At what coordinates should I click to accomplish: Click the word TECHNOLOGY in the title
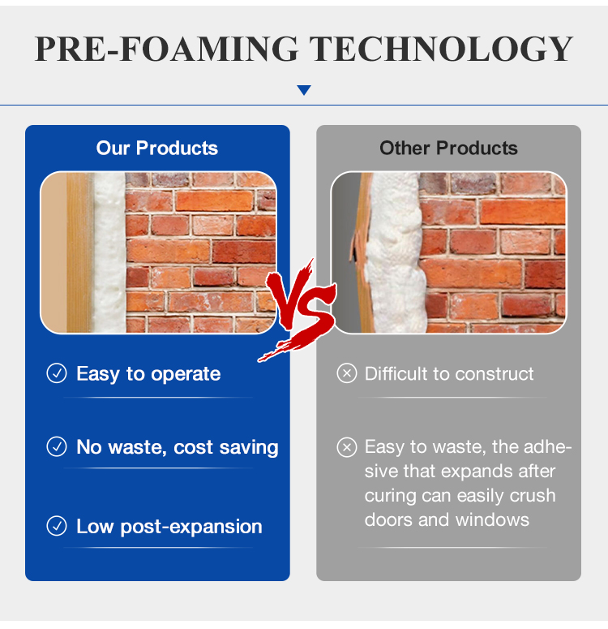pyautogui.click(x=442, y=49)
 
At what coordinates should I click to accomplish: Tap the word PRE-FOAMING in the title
pyautogui.click(x=166, y=49)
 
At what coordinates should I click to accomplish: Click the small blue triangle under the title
pyautogui.click(x=304, y=90)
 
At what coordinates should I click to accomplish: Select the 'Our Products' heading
pyautogui.click(x=157, y=148)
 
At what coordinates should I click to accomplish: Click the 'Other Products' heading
pyautogui.click(x=448, y=148)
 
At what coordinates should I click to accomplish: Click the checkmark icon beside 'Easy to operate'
pyautogui.click(x=57, y=373)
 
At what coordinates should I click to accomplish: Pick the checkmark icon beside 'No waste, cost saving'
pyautogui.click(x=57, y=446)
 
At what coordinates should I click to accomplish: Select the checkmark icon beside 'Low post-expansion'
pyautogui.click(x=57, y=526)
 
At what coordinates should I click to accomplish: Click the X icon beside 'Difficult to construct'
pyautogui.click(x=347, y=373)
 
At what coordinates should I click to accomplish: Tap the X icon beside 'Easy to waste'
pyautogui.click(x=347, y=447)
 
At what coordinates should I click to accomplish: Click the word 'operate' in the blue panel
pyautogui.click(x=186, y=375)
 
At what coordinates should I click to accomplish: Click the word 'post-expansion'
pyautogui.click(x=191, y=527)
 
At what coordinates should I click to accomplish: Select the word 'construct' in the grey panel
pyautogui.click(x=495, y=374)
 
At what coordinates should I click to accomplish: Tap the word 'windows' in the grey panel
pyautogui.click(x=492, y=520)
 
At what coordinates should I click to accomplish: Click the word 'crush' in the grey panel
pyautogui.click(x=533, y=496)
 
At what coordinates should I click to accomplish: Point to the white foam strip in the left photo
pyautogui.click(x=109, y=252)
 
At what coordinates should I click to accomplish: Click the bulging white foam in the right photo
pyautogui.click(x=395, y=252)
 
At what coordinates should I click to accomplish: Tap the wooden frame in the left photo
pyautogui.click(x=80, y=252)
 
